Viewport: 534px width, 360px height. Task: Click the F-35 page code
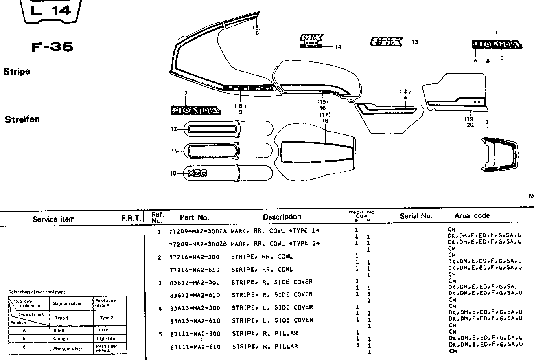tap(53, 47)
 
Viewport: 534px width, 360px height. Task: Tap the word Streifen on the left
tap(22, 119)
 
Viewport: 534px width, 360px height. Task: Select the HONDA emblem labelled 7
tap(195, 110)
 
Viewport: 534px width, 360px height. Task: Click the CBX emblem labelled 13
tap(386, 42)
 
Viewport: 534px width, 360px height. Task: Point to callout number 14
tap(338, 47)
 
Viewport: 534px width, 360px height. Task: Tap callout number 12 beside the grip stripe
tap(174, 129)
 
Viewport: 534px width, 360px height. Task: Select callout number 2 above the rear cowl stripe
tap(487, 122)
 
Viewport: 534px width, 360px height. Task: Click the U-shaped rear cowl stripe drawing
tap(499, 155)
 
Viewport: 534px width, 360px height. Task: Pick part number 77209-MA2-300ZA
tap(198, 231)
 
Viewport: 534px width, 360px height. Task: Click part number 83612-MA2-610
tap(195, 295)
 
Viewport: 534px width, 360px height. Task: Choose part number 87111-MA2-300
tap(195, 334)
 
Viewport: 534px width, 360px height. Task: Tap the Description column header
tap(282, 217)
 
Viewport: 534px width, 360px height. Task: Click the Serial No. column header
tap(416, 216)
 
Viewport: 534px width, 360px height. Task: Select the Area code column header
tap(472, 216)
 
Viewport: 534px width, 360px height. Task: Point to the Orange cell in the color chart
tap(61, 339)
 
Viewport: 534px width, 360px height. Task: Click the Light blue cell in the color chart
tap(107, 339)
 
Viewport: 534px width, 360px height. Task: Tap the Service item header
tap(54, 219)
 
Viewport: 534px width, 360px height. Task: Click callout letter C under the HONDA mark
tap(502, 58)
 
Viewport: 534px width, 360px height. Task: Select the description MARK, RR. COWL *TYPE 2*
tap(275, 244)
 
